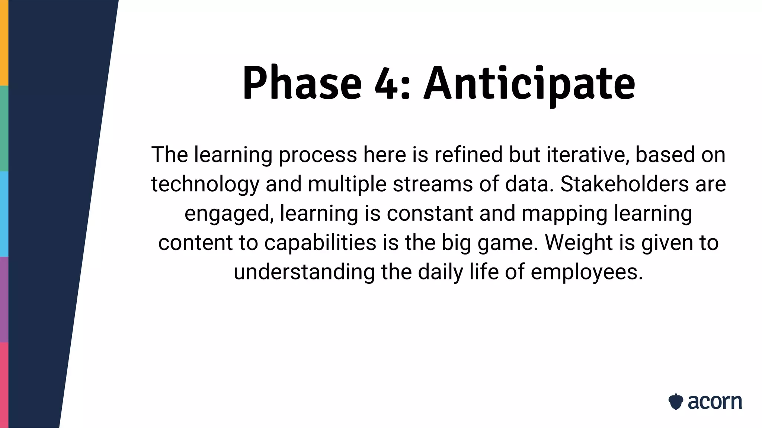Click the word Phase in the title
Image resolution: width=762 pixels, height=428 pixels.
point(302,83)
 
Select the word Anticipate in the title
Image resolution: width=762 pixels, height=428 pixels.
point(529,84)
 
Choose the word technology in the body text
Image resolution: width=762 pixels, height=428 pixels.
point(205,184)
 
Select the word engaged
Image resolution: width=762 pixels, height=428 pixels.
point(229,214)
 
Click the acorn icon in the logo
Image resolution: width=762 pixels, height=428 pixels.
point(676,402)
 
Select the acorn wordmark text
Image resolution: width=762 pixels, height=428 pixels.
point(714,402)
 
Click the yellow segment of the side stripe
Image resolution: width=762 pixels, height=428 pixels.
point(4,43)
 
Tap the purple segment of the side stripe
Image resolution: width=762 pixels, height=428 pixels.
point(4,299)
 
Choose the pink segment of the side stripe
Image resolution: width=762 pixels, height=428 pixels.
point(4,385)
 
